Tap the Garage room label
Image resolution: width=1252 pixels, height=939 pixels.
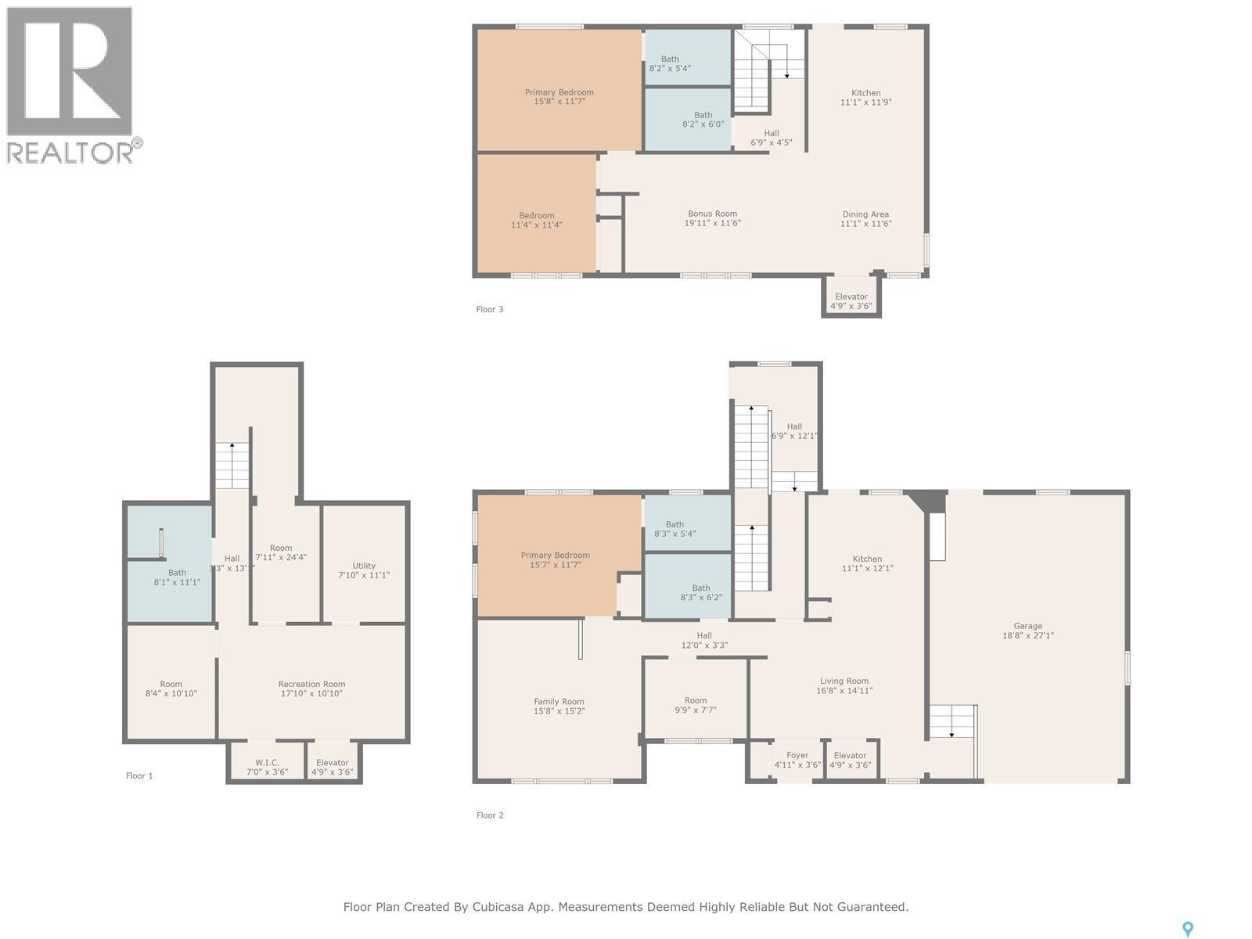[x=1028, y=631]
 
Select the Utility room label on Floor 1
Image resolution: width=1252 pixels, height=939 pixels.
[x=364, y=570]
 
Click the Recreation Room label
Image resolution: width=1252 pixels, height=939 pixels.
[x=311, y=689]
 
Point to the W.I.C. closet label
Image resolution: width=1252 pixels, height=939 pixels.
[x=267, y=768]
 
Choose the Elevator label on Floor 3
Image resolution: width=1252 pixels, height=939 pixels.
[x=851, y=301]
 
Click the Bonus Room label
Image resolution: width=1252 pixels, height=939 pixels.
[x=712, y=218]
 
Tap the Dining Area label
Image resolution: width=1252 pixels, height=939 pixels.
[x=865, y=219]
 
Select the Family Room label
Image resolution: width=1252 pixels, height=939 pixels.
[x=559, y=707]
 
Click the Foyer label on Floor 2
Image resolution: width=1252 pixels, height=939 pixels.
[x=797, y=760]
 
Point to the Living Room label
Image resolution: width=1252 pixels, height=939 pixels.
[x=844, y=685]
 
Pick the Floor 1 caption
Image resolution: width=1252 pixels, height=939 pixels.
[x=139, y=776]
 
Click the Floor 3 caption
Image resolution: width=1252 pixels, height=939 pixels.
[x=489, y=310]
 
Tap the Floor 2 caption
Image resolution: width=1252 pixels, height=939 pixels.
[x=490, y=815]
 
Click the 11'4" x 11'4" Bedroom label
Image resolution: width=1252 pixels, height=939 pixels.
[x=537, y=220]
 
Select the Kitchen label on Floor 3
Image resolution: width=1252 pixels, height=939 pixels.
[x=866, y=98]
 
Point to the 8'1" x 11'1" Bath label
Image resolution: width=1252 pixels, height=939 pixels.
[x=177, y=577]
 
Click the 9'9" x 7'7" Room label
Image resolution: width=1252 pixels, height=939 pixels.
[x=696, y=705]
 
